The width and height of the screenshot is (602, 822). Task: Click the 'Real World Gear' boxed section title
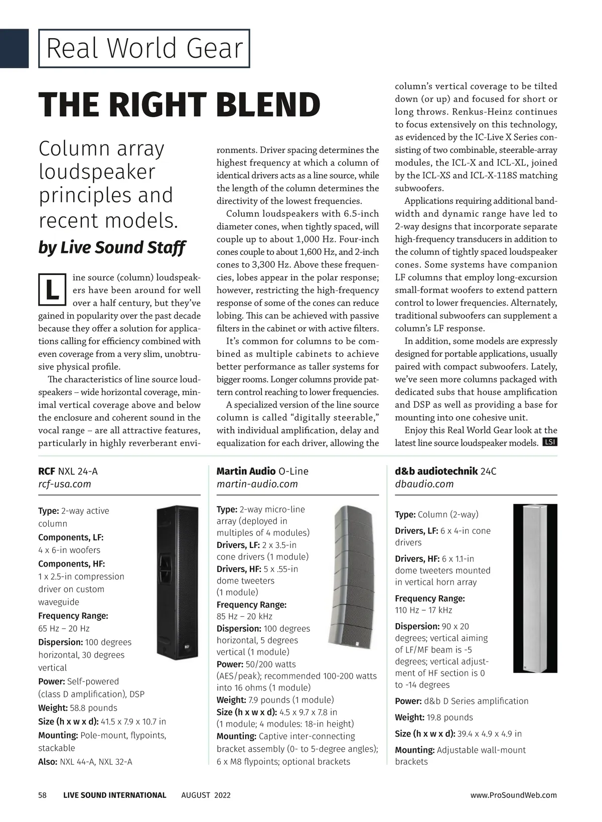point(144,49)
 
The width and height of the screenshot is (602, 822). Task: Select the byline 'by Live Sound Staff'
point(112,247)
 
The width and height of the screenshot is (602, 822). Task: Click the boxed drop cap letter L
point(52,290)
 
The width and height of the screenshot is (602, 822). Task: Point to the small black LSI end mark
point(550,442)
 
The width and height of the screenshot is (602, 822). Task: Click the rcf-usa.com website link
point(65,484)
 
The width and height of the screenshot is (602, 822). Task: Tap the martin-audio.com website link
point(257,484)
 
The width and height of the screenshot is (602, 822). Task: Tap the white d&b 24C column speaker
point(534,588)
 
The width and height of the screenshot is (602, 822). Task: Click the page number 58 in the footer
point(43,795)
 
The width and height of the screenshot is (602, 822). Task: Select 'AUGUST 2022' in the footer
point(206,795)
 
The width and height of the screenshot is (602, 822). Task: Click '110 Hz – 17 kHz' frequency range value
point(423,610)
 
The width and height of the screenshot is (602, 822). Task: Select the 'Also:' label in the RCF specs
point(48,762)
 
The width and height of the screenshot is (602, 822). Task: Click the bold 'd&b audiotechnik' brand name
point(435,471)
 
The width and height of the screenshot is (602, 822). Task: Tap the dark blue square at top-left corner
point(14,48)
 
